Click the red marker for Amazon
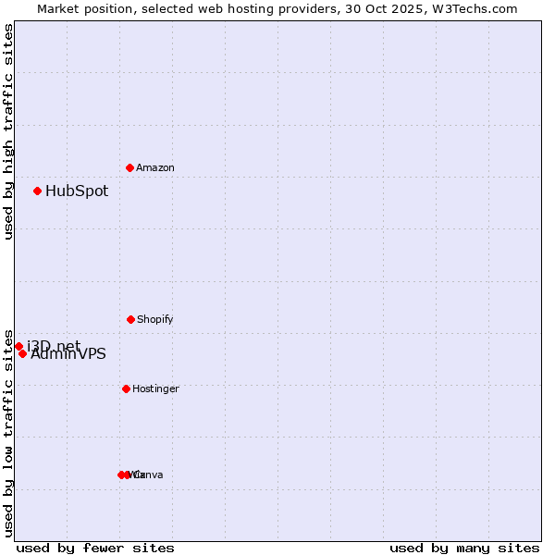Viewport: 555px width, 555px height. pyautogui.click(x=129, y=167)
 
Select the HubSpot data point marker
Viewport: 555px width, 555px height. pyautogui.click(x=37, y=191)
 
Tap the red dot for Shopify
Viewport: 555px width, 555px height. pyautogui.click(x=130, y=319)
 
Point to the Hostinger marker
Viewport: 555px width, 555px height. pyautogui.click(x=126, y=388)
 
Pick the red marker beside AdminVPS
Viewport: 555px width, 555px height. pyautogui.click(x=22, y=353)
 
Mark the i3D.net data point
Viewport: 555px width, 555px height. pyautogui.click(x=18, y=346)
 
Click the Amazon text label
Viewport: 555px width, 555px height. pyautogui.click(x=155, y=167)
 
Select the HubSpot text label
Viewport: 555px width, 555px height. pyautogui.click(x=77, y=191)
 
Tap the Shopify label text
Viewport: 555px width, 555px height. pyautogui.click(x=155, y=319)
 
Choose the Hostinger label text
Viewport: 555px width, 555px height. pyautogui.click(x=155, y=388)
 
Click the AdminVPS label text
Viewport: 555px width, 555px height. pyautogui.click(x=68, y=354)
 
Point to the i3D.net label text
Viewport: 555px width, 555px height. pyautogui.click(x=54, y=346)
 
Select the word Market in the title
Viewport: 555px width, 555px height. pyautogui.click(x=59, y=8)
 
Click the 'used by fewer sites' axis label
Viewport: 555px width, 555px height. pyautogui.click(x=95, y=548)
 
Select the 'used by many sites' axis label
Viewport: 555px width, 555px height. pyautogui.click(x=464, y=548)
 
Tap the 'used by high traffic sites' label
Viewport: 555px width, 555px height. pyautogui.click(x=8, y=131)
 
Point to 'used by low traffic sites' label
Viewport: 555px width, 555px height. pyautogui.click(x=8, y=433)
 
